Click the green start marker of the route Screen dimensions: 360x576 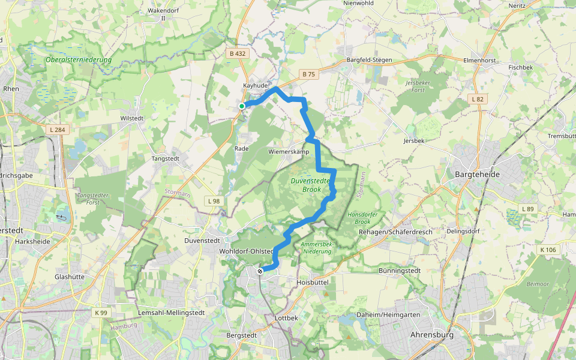[242, 106]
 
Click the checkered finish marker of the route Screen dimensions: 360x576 [260, 271]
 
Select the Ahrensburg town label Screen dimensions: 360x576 [431, 334]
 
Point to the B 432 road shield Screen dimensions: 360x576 [238, 53]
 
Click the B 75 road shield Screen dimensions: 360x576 [308, 74]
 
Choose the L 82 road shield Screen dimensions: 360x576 [478, 98]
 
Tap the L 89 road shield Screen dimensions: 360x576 [527, 209]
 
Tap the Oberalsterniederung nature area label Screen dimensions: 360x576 [79, 60]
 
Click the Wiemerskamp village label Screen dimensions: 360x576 [289, 152]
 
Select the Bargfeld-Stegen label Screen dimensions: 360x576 [369, 60]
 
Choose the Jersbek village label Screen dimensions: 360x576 [414, 141]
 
